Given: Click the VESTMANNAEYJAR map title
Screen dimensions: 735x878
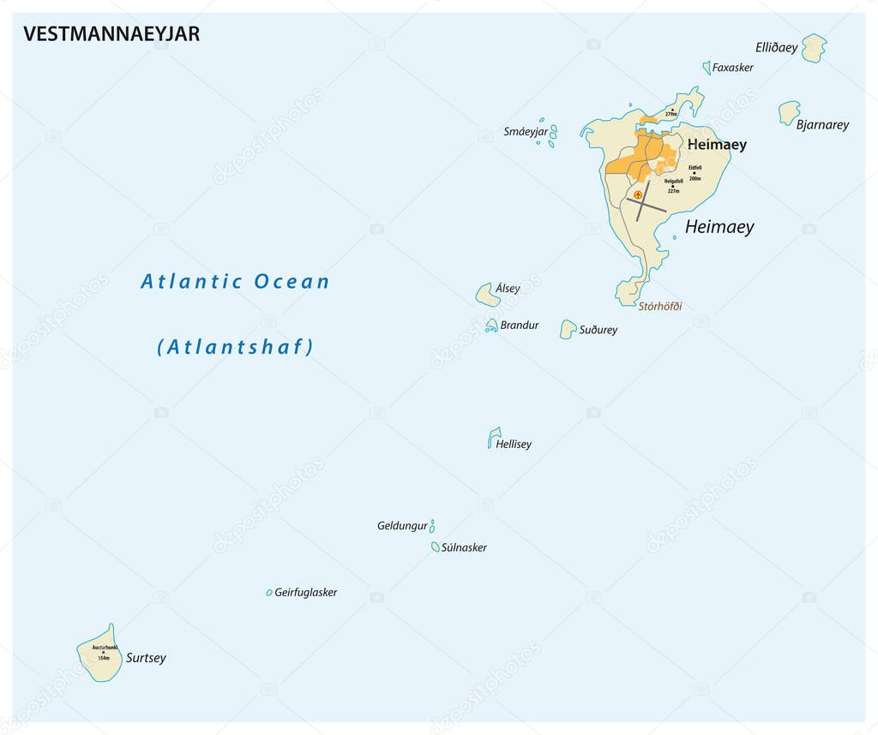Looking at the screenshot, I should (111, 33).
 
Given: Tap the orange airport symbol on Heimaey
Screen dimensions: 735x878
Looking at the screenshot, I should (637, 195).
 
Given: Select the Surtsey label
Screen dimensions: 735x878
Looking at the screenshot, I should (146, 658).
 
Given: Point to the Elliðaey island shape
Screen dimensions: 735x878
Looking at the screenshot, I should (814, 48).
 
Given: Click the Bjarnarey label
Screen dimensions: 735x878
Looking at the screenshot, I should (822, 124).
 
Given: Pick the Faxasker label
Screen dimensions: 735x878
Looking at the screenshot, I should (732, 67).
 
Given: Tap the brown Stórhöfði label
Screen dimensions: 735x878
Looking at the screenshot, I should (659, 306).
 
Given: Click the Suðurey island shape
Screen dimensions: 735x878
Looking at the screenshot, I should (568, 329).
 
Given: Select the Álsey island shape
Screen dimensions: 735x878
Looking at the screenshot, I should (488, 295).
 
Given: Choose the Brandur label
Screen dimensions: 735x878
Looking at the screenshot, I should (520, 326).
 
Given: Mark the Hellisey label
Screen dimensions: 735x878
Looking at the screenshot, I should (514, 444).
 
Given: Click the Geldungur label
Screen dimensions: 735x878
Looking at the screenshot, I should (401, 526).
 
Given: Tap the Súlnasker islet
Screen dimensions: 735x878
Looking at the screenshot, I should (436, 547).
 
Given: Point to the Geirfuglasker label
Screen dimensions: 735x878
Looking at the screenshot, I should (305, 592).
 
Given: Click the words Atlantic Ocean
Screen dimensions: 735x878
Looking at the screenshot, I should (235, 281).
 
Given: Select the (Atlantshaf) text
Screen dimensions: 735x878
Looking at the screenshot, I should (235, 347).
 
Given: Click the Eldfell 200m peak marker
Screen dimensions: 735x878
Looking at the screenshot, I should (694, 173).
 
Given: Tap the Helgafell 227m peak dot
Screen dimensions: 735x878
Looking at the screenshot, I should (672, 186).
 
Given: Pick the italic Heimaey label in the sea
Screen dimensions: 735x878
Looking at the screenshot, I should (719, 226).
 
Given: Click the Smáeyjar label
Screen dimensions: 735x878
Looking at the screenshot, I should (525, 131).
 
